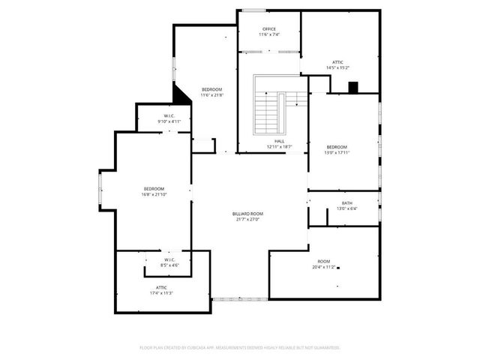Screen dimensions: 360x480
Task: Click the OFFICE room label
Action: point(269,29)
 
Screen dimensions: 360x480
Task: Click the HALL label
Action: point(279,141)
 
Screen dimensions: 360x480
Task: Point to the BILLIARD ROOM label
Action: point(247,214)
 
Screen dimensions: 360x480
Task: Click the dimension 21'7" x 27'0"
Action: point(247,220)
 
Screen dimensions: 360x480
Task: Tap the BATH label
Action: point(346,203)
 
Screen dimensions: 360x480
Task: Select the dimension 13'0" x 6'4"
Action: point(346,209)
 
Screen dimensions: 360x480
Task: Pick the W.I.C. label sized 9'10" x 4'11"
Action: point(169,115)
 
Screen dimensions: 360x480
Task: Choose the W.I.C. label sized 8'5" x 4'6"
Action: point(169,259)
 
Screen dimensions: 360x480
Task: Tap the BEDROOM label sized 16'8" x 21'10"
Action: point(154,188)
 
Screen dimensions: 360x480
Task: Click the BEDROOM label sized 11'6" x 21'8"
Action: point(211,89)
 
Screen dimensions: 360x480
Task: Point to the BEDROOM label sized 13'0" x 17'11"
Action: point(337,146)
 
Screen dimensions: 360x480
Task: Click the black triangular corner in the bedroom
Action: point(181,95)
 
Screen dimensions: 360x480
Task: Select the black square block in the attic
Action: point(353,87)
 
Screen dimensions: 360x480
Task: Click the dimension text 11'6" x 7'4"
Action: point(269,35)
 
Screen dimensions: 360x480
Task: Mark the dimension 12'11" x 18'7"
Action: point(279,147)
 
